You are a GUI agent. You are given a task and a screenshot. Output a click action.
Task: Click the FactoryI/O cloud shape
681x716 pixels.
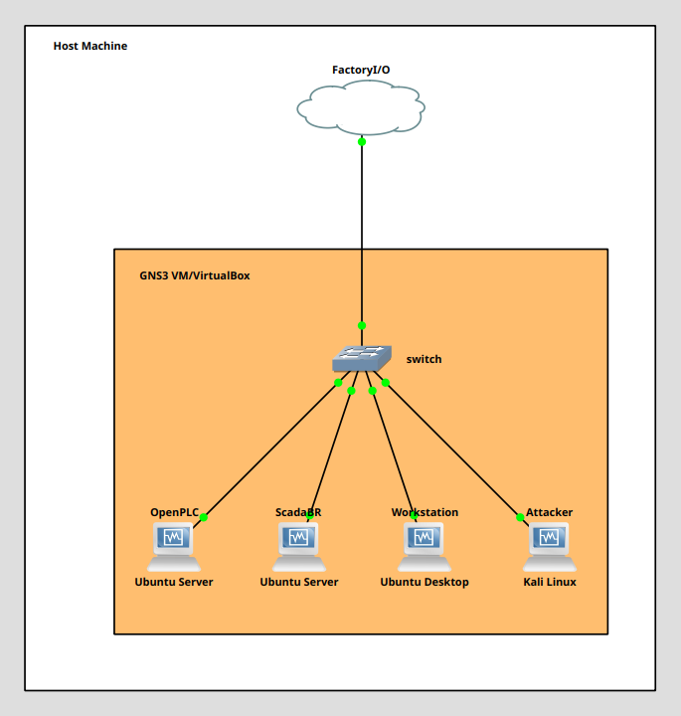(x=361, y=106)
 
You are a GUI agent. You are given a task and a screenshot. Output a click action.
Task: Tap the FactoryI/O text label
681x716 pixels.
(x=361, y=70)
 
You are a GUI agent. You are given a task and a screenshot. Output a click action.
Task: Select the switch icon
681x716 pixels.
(x=362, y=358)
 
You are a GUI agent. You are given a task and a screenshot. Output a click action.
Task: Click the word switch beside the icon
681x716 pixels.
(x=424, y=359)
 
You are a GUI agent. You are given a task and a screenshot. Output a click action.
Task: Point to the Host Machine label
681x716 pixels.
(x=90, y=46)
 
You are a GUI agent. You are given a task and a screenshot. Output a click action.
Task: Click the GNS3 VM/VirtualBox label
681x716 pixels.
(x=195, y=275)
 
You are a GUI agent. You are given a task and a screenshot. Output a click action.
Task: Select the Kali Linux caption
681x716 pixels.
(x=550, y=582)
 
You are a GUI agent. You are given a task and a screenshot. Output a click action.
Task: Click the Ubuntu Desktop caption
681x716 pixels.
(x=425, y=582)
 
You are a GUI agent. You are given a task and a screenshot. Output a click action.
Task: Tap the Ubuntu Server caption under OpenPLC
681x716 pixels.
(x=174, y=582)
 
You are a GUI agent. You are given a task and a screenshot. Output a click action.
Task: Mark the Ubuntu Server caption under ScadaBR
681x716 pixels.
(x=299, y=582)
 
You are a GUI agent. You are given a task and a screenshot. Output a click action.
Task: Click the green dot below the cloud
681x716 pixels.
(x=362, y=141)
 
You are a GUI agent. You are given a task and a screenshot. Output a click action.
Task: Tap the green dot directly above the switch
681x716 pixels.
(x=362, y=325)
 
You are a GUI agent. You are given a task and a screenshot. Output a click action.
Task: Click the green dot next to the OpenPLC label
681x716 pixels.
(x=204, y=517)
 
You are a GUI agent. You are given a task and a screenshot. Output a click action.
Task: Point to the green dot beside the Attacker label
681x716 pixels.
(x=520, y=517)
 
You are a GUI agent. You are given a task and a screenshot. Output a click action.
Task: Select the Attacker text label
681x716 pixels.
(x=550, y=512)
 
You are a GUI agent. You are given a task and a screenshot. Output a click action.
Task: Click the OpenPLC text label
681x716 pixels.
(x=174, y=512)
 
